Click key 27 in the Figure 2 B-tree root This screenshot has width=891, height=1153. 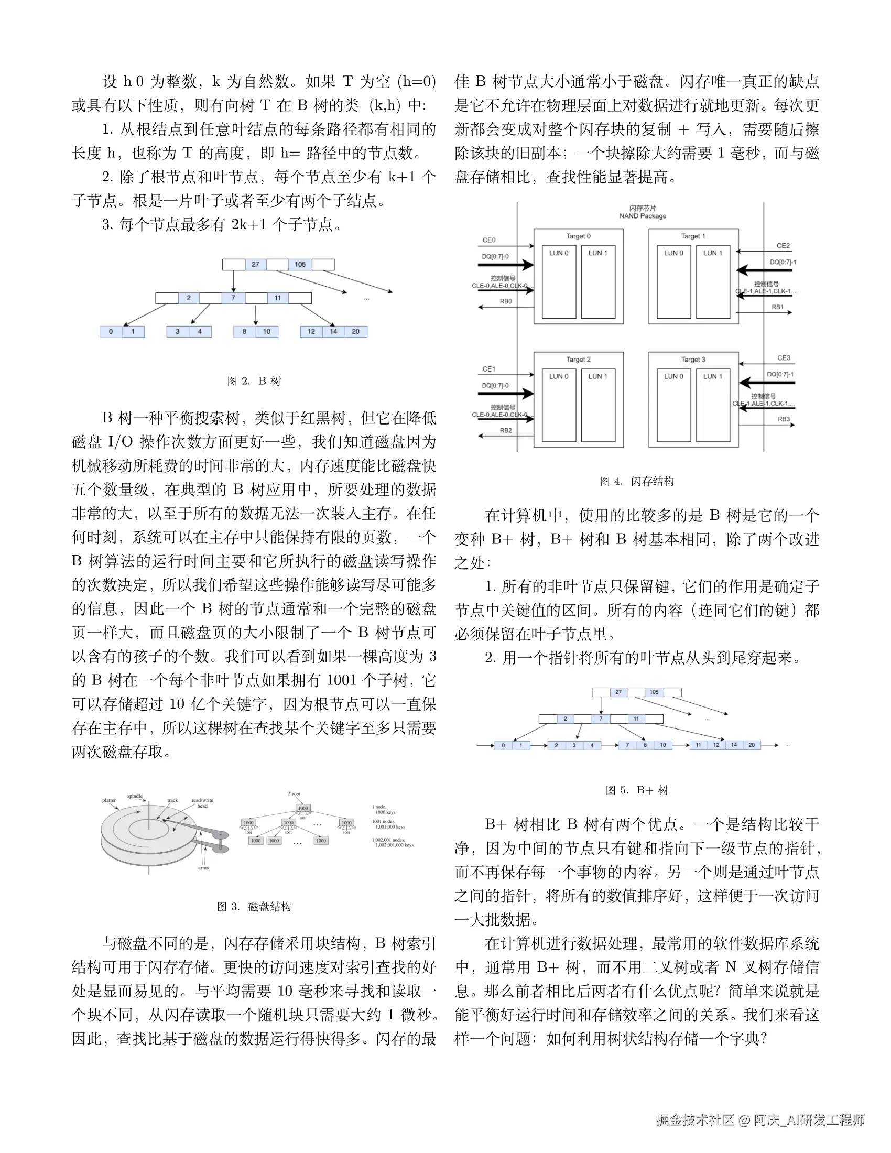(255, 265)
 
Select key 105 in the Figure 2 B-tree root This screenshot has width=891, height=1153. (300, 265)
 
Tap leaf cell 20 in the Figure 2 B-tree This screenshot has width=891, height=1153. (356, 332)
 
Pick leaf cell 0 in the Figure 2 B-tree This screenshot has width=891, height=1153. (111, 332)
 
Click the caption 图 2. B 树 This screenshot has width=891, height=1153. (254, 381)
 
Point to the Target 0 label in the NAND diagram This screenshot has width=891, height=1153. (579, 236)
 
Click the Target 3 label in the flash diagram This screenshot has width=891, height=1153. (693, 360)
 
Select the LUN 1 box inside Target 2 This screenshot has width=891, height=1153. (598, 405)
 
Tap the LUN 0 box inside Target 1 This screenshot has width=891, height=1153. (673, 282)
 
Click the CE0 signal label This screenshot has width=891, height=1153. (489, 240)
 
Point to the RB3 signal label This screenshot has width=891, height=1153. (784, 419)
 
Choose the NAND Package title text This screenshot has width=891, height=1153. (643, 216)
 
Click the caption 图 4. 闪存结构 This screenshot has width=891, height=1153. (637, 482)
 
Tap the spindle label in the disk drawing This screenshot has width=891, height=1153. (135, 796)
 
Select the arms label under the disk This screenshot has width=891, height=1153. (203, 868)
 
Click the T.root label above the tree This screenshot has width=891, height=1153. (294, 794)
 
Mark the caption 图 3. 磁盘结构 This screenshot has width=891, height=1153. (254, 907)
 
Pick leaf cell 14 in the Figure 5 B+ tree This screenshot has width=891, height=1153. (734, 745)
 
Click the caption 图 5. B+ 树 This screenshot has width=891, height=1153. (637, 790)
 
